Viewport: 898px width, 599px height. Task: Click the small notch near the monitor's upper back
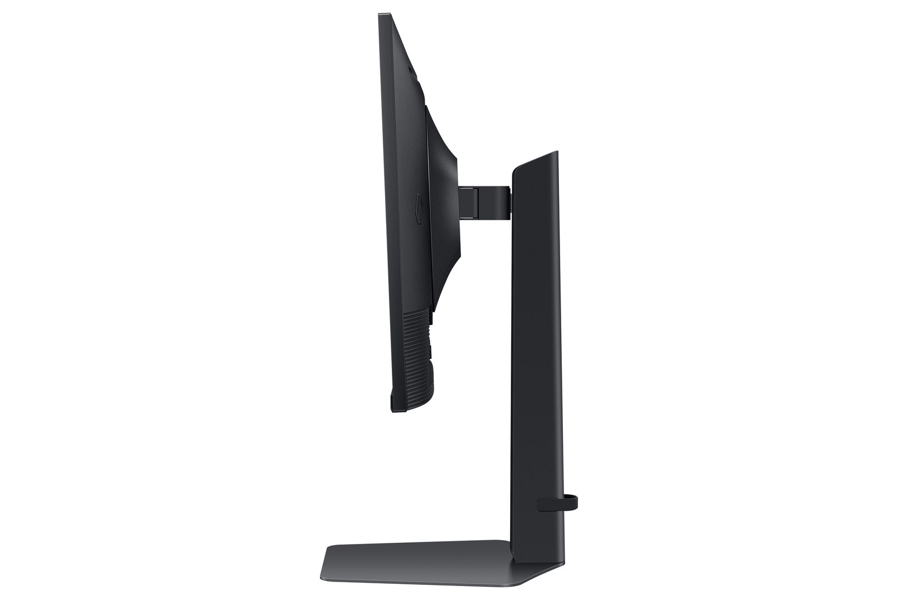point(413,70)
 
